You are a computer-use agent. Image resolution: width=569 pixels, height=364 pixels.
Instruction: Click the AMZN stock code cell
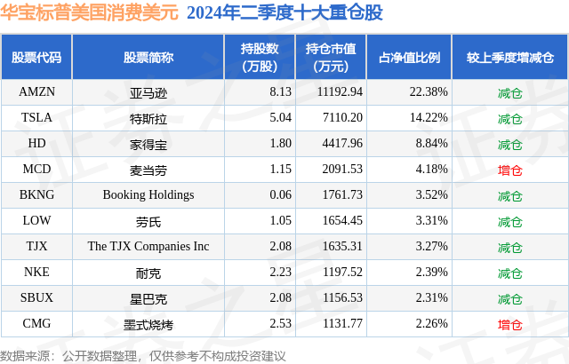36,91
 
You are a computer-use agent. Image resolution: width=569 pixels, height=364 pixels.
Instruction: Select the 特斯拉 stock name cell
148,118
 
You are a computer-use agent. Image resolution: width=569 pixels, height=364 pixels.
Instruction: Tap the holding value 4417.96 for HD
338,143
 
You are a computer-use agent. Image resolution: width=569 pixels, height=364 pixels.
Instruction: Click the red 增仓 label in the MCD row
509,170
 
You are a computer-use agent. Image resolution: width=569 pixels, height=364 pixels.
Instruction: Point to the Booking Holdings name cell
148,194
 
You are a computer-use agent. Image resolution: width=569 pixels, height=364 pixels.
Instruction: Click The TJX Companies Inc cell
148,247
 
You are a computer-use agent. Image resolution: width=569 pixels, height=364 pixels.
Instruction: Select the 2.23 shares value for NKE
257,273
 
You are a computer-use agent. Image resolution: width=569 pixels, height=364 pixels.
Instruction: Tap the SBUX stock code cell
36,298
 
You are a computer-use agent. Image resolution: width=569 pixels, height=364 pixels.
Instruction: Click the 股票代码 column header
36,58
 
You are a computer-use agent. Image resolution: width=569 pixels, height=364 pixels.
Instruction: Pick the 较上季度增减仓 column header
509,58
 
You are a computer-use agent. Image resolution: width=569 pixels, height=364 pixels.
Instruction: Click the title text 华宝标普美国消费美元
90,13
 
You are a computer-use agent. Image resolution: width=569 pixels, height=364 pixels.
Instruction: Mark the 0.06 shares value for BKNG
257,194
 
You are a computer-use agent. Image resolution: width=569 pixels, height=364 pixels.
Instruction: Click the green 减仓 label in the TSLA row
509,118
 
